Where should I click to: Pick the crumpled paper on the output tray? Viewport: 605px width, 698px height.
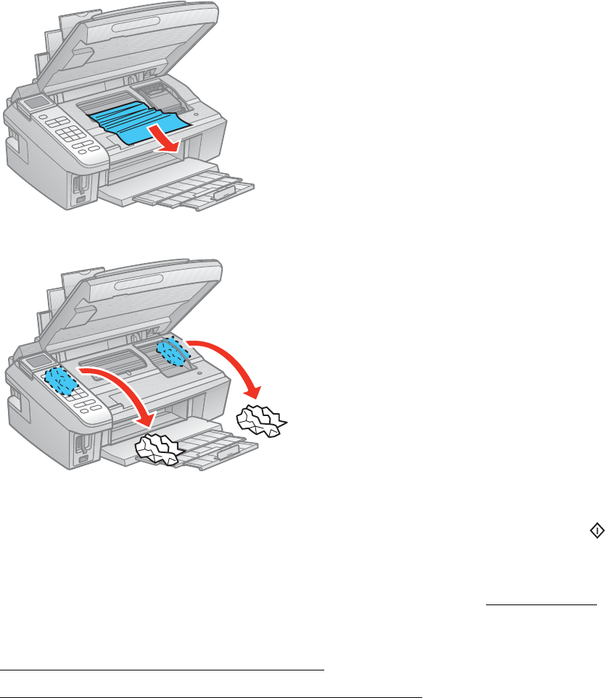(x=160, y=449)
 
